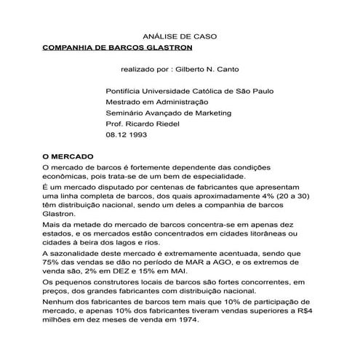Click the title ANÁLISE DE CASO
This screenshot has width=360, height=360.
pos(180,34)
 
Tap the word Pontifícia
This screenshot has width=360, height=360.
pos(127,92)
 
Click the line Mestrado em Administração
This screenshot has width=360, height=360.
pos(162,103)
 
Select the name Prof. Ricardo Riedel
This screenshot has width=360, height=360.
pos(147,124)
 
